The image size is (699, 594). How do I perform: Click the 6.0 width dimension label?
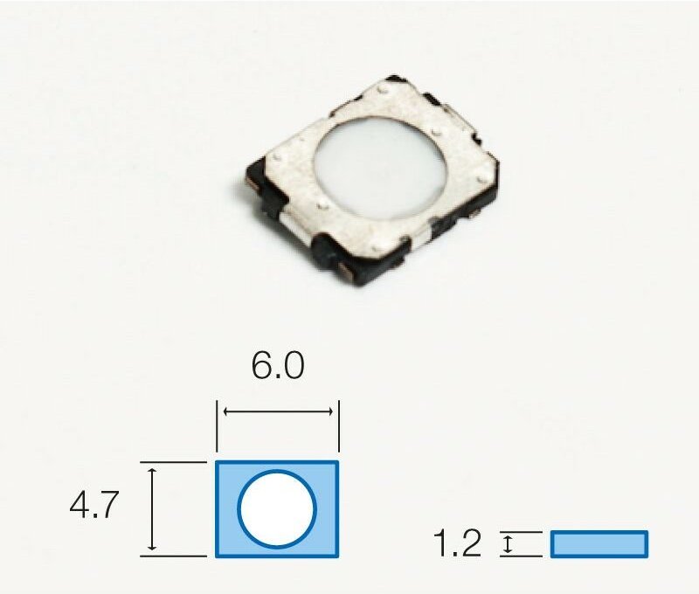pos(278,366)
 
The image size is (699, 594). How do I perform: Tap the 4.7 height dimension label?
pos(93,507)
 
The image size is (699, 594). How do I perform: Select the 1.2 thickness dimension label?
pos(457,545)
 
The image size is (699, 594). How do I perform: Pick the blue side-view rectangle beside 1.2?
pos(599,543)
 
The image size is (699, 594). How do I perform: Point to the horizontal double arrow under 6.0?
pos(278,411)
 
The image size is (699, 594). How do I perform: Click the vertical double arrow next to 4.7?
pos(154,508)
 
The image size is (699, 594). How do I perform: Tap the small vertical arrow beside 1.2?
pos(506,544)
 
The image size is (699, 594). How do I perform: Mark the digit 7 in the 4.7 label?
pos(107,507)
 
